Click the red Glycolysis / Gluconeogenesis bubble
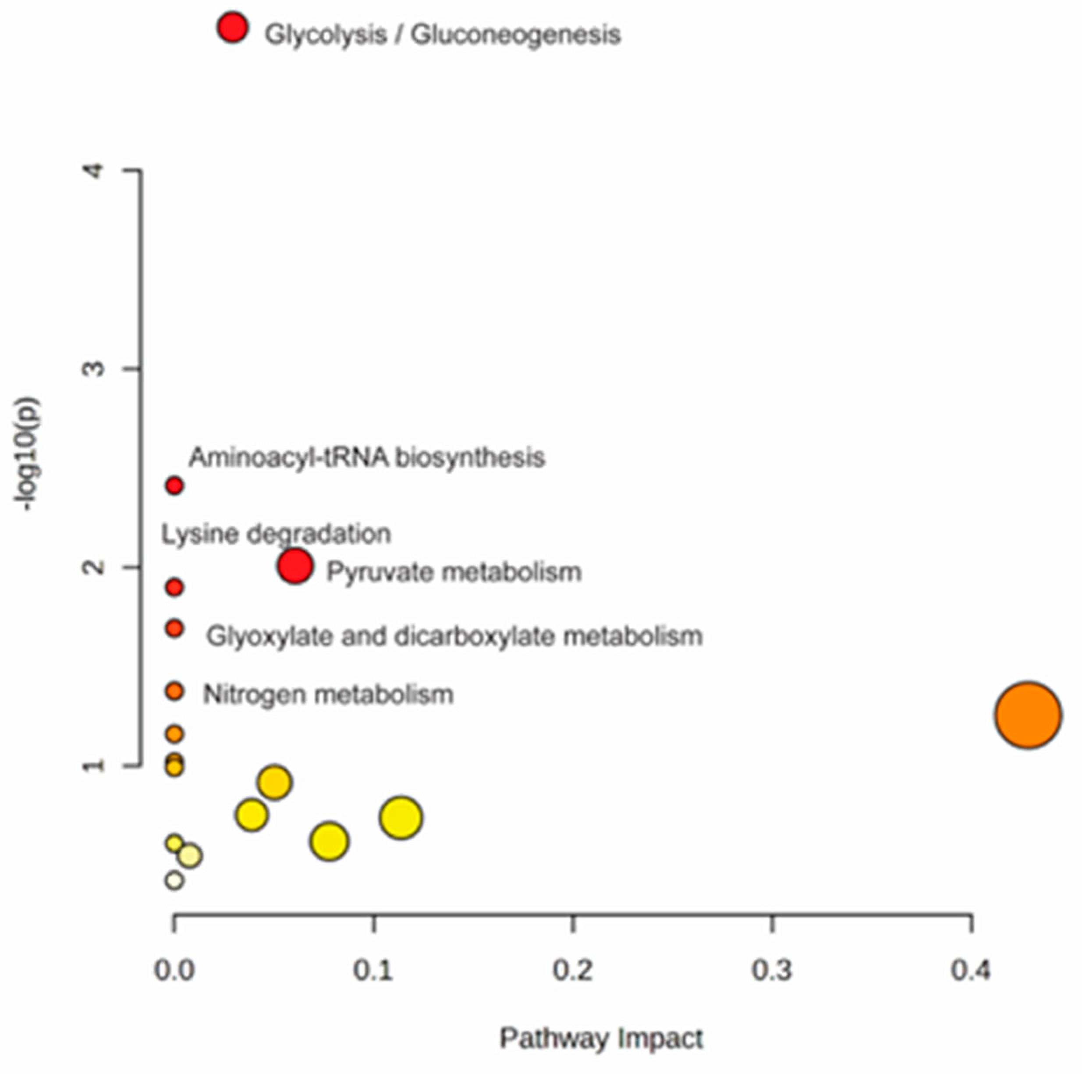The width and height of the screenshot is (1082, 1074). click(232, 27)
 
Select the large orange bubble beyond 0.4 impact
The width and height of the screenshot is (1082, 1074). click(1028, 715)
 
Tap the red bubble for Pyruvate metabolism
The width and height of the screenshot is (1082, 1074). click(295, 566)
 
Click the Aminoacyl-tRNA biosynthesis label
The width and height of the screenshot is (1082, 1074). click(367, 457)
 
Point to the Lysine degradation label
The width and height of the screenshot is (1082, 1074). click(276, 534)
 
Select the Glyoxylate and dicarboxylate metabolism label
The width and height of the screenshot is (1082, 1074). click(454, 636)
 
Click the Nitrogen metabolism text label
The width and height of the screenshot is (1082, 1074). click(328, 695)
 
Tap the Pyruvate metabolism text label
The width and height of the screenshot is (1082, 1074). click(454, 572)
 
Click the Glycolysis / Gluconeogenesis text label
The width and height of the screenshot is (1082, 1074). click(443, 34)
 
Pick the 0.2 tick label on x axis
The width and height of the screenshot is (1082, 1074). click(572, 969)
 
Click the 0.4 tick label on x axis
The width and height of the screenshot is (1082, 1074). click(971, 969)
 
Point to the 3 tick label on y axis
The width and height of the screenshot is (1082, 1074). click(94, 369)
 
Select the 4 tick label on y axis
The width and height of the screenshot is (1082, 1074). click(94, 170)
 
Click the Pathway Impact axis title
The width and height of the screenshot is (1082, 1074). click(601, 1039)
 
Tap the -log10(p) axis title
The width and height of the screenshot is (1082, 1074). click(28, 454)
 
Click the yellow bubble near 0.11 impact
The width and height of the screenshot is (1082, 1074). click(401, 818)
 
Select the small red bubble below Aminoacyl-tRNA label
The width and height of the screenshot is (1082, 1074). click(175, 486)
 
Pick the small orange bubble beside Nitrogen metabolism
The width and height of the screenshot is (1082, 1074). click(175, 691)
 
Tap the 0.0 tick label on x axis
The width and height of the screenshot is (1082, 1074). click(174, 969)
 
